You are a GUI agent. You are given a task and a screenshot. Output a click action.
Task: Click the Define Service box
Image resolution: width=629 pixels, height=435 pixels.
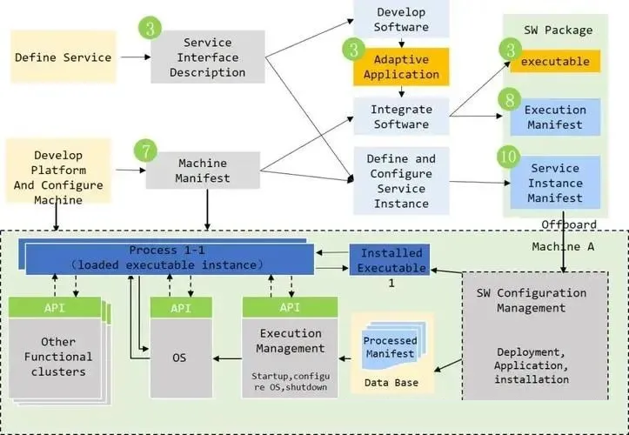(x=63, y=57)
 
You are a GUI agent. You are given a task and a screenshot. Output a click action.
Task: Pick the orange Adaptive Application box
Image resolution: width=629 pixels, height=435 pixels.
(x=401, y=66)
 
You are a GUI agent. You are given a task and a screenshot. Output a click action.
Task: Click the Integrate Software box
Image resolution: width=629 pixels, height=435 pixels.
(x=401, y=117)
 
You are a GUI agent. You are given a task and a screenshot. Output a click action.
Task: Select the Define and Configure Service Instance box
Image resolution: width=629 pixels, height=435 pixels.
(x=401, y=181)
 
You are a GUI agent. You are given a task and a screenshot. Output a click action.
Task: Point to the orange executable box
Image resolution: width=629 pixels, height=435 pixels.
(x=561, y=62)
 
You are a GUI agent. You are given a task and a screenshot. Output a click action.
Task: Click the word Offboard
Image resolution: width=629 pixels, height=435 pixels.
(x=567, y=224)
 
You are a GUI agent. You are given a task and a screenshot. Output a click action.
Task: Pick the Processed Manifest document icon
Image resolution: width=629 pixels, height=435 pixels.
(x=389, y=345)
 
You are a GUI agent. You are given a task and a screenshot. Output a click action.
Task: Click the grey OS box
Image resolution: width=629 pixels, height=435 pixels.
(x=181, y=356)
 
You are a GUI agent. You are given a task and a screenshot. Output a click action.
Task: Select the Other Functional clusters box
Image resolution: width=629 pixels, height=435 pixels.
(x=58, y=357)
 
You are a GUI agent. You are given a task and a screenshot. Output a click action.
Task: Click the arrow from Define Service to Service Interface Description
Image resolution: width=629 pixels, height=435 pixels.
(x=133, y=57)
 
